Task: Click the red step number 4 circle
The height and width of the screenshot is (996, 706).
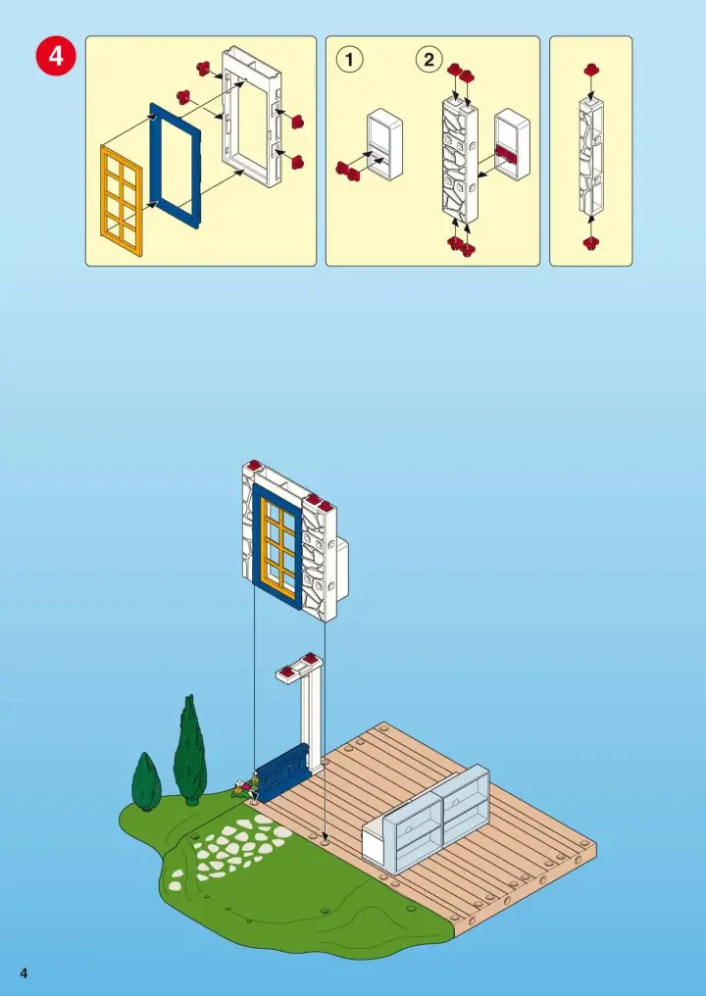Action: pos(56,56)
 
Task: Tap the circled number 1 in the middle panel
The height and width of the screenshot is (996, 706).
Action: pos(349,60)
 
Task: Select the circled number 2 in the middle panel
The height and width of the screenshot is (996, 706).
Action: pos(429,60)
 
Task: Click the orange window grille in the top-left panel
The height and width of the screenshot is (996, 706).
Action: pos(121,200)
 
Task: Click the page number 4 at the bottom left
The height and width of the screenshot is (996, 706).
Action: pos(24,973)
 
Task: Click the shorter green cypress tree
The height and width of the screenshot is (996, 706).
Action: pos(147,782)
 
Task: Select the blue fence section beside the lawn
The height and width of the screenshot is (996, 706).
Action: pos(282,772)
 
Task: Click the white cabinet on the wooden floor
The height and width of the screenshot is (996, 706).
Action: pos(426,820)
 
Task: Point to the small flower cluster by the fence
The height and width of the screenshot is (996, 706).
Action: pos(245,788)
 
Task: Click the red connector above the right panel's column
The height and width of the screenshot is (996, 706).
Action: pos(591,70)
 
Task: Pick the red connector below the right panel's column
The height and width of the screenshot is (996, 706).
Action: pos(591,243)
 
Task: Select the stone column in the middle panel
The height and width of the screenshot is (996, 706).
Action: pos(460,159)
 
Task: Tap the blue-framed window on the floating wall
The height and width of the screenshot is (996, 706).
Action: pos(277,546)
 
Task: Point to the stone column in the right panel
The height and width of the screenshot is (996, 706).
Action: pos(591,156)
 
